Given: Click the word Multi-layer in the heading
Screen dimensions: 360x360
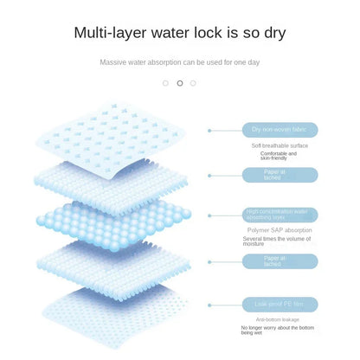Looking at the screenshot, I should click(108, 34).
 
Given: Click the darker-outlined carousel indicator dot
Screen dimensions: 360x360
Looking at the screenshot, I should click(179, 83).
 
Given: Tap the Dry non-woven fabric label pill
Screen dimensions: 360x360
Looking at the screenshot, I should click(280, 130).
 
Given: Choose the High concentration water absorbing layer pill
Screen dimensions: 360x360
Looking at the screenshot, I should click(280, 215).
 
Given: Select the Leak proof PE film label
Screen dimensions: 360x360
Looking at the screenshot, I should click(280, 304).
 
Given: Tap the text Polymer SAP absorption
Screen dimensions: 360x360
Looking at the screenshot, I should click(280, 230).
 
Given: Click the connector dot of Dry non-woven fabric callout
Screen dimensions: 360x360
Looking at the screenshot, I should click(209, 131).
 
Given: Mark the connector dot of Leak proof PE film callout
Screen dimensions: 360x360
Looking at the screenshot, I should click(209, 305).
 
